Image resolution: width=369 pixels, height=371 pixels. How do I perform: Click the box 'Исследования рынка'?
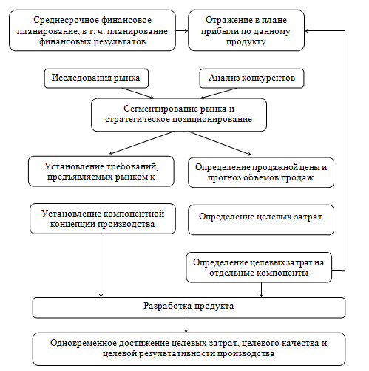click(x=96, y=78)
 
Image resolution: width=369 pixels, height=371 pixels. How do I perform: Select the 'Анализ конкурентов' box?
click(x=251, y=78)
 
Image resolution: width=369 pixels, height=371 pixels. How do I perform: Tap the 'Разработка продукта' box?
click(x=189, y=307)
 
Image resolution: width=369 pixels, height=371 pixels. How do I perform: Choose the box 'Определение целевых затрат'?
click(x=261, y=219)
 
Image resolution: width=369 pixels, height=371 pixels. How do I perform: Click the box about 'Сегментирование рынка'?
click(x=179, y=115)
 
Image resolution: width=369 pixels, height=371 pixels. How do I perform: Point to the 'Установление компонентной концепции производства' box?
click(x=103, y=219)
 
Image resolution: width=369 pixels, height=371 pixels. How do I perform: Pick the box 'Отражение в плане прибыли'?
click(x=246, y=30)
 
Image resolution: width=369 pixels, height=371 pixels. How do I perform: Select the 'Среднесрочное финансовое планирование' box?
click(x=92, y=30)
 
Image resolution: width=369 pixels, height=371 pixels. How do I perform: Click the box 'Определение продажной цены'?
click(x=261, y=172)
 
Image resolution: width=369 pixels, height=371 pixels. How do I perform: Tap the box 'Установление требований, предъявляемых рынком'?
click(x=101, y=171)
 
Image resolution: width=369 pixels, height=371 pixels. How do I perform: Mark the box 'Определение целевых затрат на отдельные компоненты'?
click(x=259, y=268)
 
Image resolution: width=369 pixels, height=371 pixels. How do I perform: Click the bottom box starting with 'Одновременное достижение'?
click(x=189, y=349)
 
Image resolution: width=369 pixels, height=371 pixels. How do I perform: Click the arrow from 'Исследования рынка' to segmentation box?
click(x=138, y=93)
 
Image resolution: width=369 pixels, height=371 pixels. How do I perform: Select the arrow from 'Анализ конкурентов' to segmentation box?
click(x=219, y=93)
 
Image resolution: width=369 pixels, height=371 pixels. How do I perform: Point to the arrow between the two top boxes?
click(x=182, y=30)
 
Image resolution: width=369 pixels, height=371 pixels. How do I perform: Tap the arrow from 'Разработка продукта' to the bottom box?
click(x=186, y=325)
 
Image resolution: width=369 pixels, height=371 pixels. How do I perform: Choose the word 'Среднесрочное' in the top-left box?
click(x=66, y=20)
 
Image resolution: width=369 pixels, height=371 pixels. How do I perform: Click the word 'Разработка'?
click(x=167, y=306)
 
